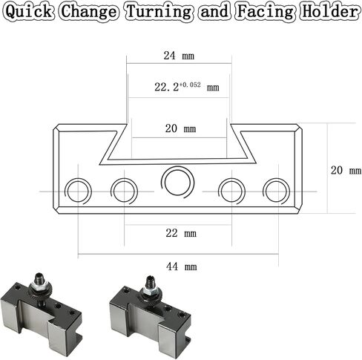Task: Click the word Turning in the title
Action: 159,12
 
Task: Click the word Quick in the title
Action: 29,12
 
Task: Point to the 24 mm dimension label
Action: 179,56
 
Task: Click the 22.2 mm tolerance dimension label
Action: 187,87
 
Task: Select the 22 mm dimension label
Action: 181,233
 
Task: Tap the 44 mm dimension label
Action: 182,266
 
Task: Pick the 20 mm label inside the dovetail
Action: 180,128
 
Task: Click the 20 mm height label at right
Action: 346,170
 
